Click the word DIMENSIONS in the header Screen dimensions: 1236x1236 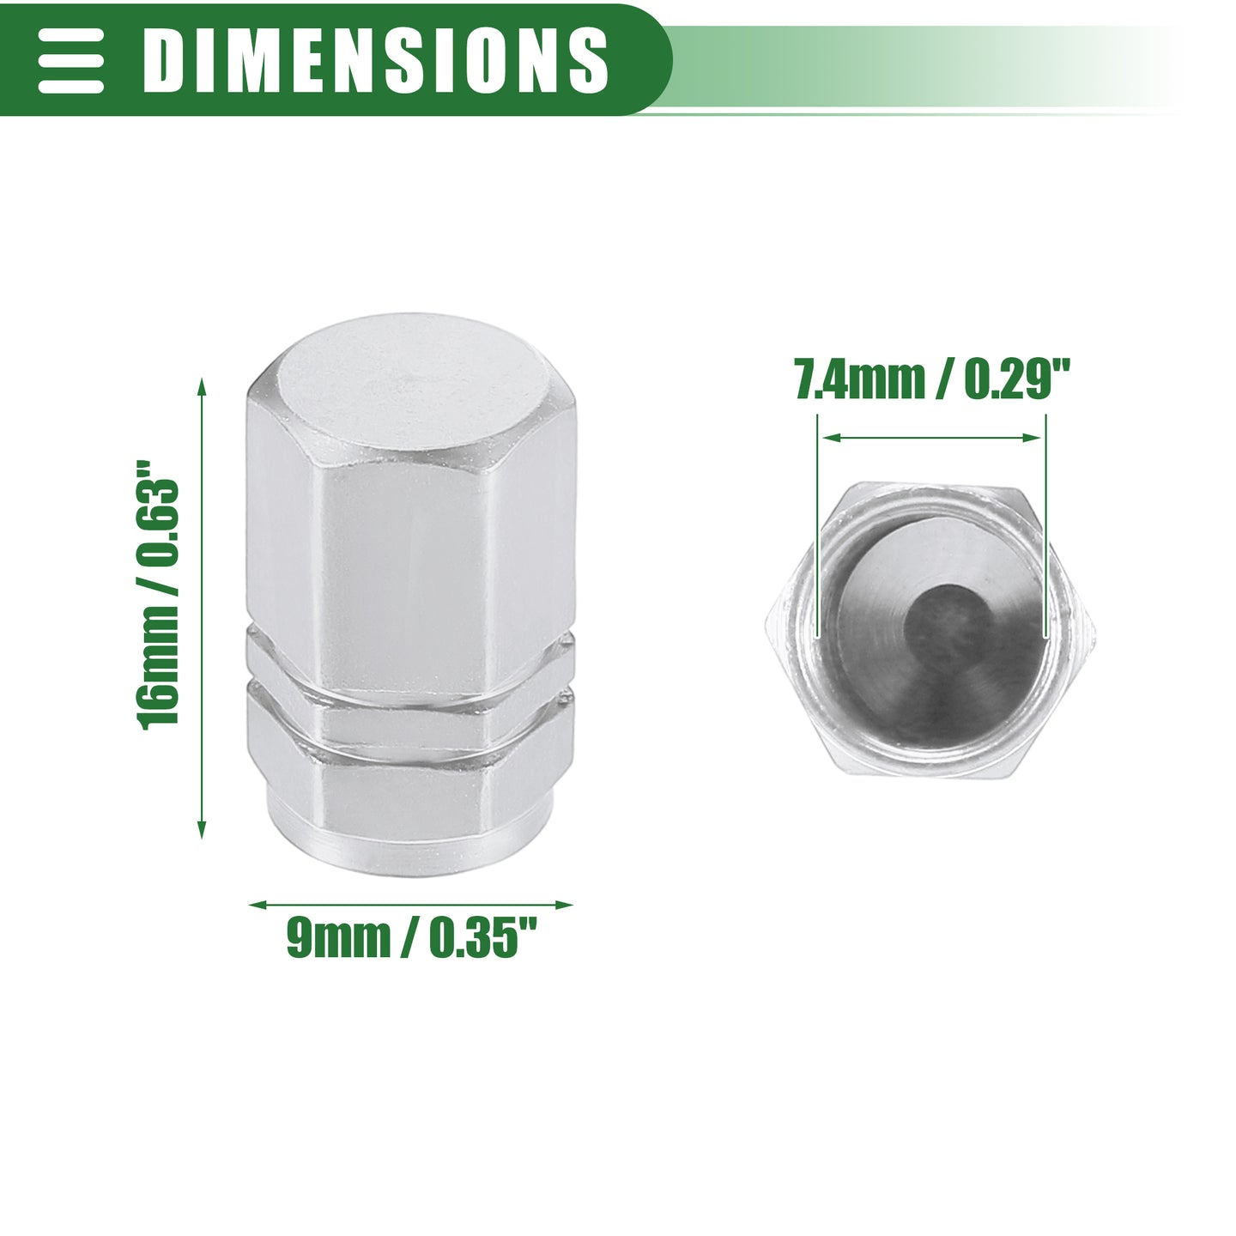pyautogui.click(x=375, y=60)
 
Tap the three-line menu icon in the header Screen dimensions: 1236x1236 pyautogui.click(x=70, y=60)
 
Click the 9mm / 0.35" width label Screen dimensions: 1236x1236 pyautogui.click(x=411, y=938)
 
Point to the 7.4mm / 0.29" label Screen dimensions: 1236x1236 pyautogui.click(x=933, y=379)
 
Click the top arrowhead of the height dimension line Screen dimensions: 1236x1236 pyautogui.click(x=202, y=389)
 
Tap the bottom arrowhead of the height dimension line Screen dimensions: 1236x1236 pyautogui.click(x=202, y=828)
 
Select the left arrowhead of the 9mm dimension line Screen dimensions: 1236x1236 pyautogui.click(x=258, y=905)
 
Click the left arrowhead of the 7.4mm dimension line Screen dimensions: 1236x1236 pyautogui.click(x=832, y=438)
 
